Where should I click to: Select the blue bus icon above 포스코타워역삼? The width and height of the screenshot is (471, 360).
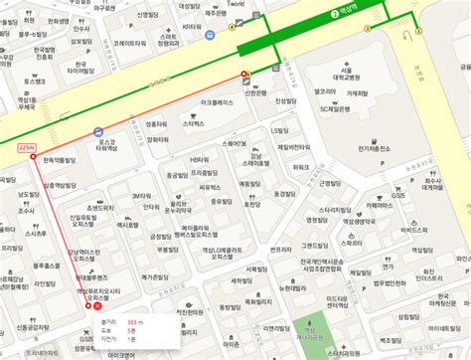tap(97, 131)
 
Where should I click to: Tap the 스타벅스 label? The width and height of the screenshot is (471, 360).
tap(193, 123)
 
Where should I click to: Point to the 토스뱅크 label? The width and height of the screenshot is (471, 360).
tap(19, 82)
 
